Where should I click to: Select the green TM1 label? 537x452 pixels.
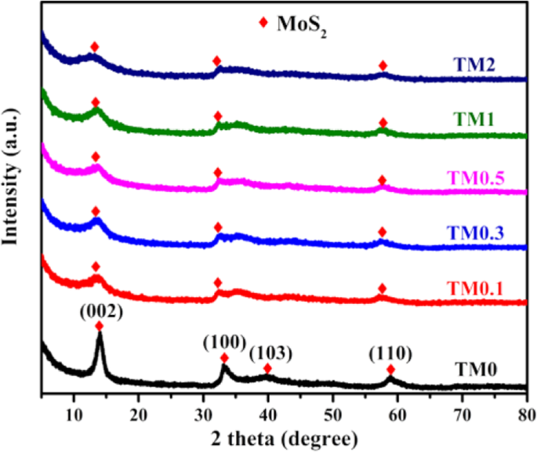point(477,121)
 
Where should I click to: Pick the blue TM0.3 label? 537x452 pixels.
point(477,233)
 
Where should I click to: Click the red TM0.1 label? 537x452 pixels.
point(477,290)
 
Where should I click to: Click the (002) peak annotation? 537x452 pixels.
point(100,312)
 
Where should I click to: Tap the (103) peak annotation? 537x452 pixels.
point(270,353)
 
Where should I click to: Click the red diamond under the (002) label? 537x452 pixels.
point(99,326)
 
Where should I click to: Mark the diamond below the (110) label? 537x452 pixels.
point(390,370)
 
